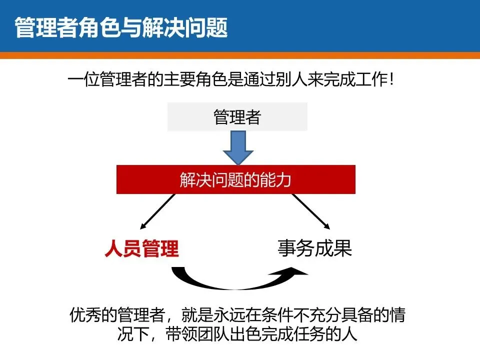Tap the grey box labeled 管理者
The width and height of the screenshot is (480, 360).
(x=237, y=117)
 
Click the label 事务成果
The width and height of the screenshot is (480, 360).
(x=314, y=248)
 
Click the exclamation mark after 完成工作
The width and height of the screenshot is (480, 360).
(x=396, y=80)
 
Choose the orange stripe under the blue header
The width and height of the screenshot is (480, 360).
(x=240, y=55)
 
